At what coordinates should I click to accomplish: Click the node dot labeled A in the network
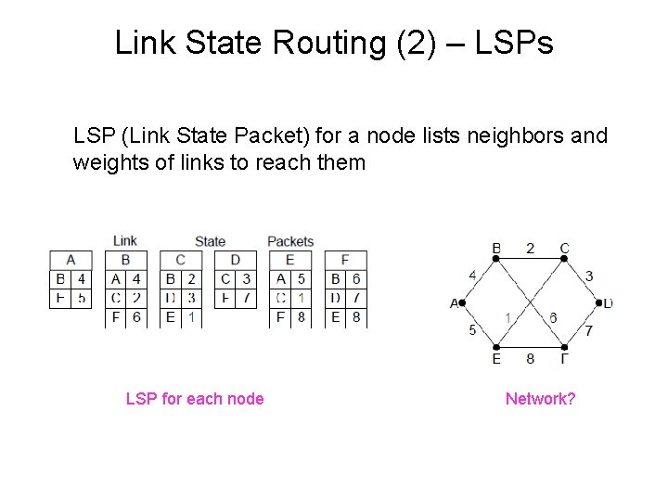[x=462, y=302]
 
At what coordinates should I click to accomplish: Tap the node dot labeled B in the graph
[x=496, y=259]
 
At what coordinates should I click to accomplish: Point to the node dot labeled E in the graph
[x=496, y=347]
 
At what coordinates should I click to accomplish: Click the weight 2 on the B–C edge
[x=530, y=248]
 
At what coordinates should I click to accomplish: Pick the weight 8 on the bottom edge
[x=530, y=358]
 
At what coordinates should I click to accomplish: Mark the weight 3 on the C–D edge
[x=588, y=276]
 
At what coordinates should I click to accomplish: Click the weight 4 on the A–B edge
[x=472, y=275]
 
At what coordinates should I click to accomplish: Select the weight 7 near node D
[x=588, y=330]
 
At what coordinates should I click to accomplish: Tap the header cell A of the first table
[x=71, y=260]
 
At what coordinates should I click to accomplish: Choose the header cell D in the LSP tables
[x=236, y=260]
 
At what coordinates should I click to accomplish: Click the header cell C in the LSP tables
[x=181, y=260]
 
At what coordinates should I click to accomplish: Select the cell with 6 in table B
[x=135, y=316]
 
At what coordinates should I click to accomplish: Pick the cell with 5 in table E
[x=301, y=278]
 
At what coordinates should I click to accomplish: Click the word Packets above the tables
[x=290, y=241]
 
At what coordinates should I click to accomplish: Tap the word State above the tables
[x=210, y=241]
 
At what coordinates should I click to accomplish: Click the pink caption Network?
[x=540, y=399]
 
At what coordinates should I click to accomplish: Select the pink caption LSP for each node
[x=195, y=399]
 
